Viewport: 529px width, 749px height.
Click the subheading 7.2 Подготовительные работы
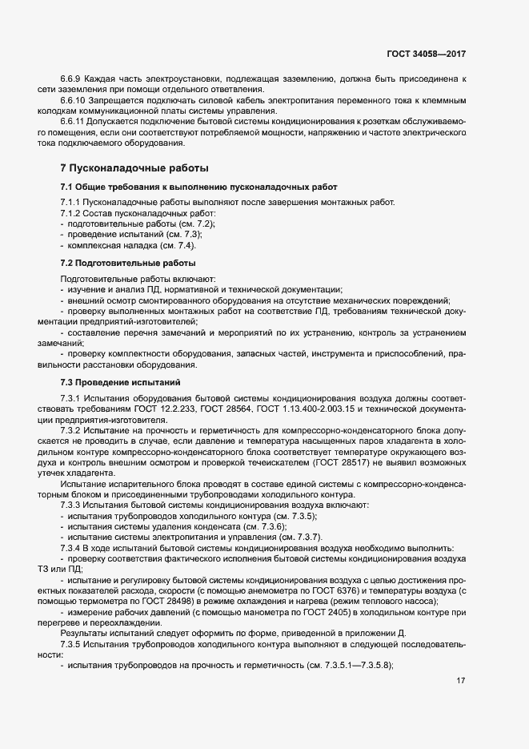coord(127,264)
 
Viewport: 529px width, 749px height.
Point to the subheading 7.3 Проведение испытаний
coord(121,382)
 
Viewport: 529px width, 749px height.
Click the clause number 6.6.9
coord(71,79)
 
